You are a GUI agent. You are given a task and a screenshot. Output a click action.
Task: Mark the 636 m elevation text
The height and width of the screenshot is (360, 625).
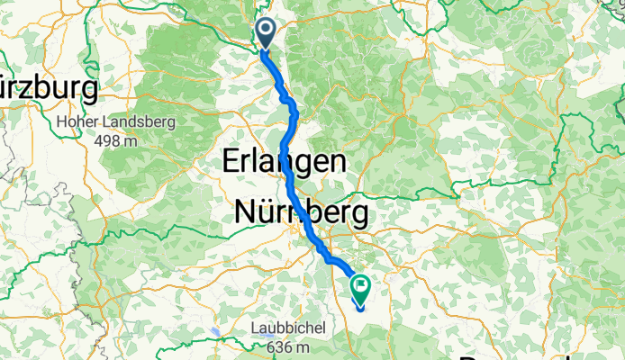click(289, 347)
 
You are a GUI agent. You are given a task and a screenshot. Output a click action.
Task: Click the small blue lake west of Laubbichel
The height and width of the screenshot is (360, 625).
click(216, 331)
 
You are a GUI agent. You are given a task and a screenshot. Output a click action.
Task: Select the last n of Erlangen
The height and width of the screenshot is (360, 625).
click(337, 163)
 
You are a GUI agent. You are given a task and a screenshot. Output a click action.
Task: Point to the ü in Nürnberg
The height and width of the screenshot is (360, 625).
click(267, 213)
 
